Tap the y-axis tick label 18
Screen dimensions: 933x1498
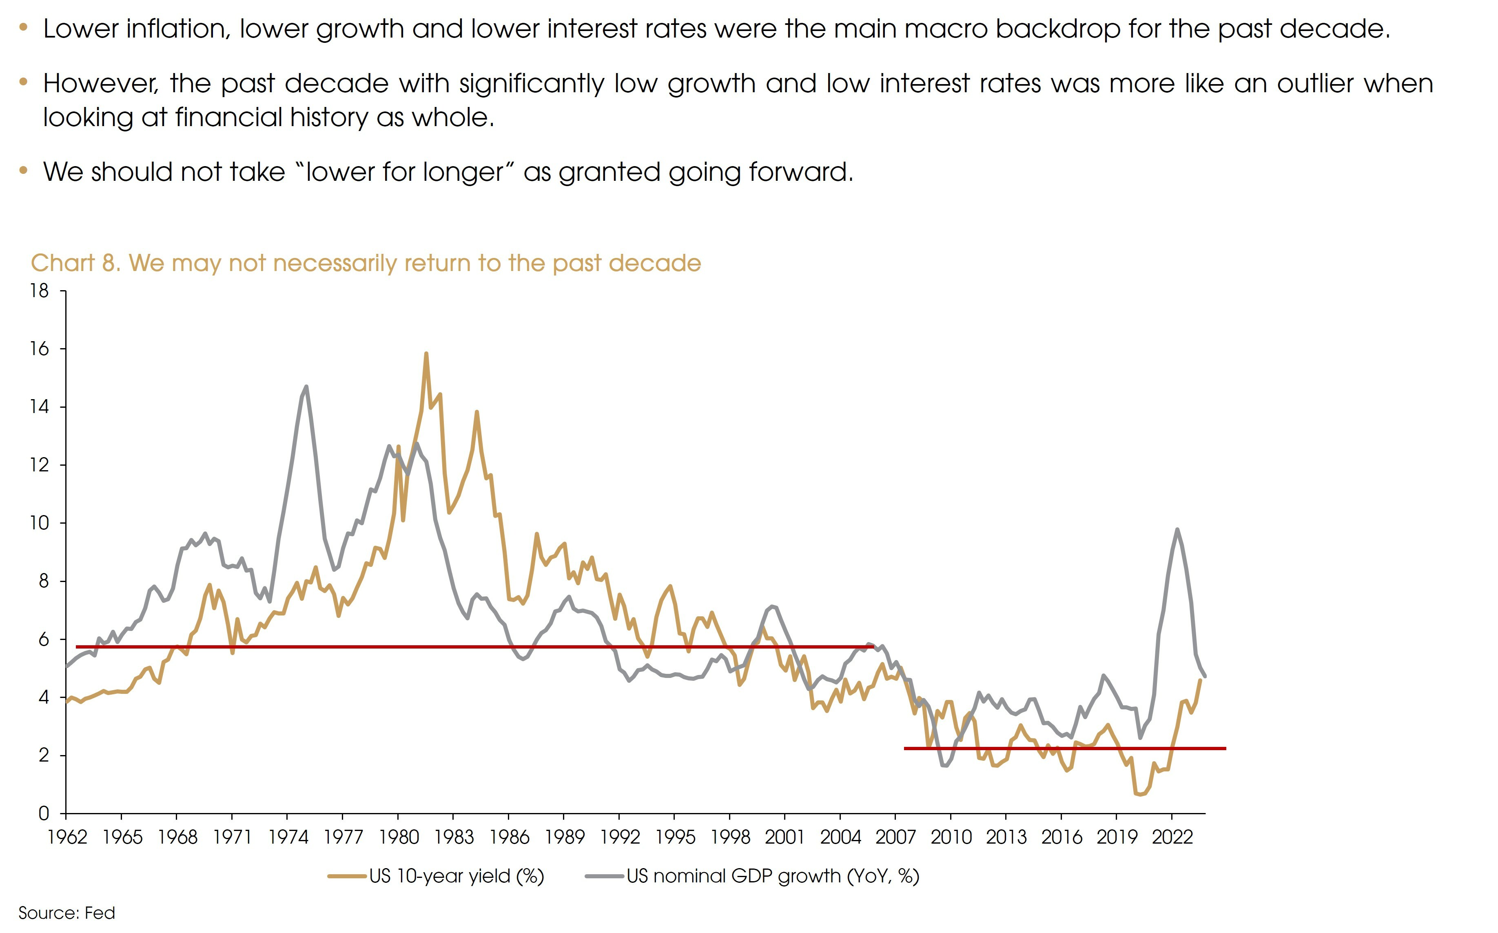(x=40, y=291)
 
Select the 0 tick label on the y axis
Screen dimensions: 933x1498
(x=44, y=814)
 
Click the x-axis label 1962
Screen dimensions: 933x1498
(x=67, y=837)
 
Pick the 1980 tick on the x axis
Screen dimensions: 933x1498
(x=399, y=837)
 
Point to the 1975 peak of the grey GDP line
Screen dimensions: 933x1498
(x=306, y=387)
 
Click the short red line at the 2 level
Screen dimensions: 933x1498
(x=1064, y=749)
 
